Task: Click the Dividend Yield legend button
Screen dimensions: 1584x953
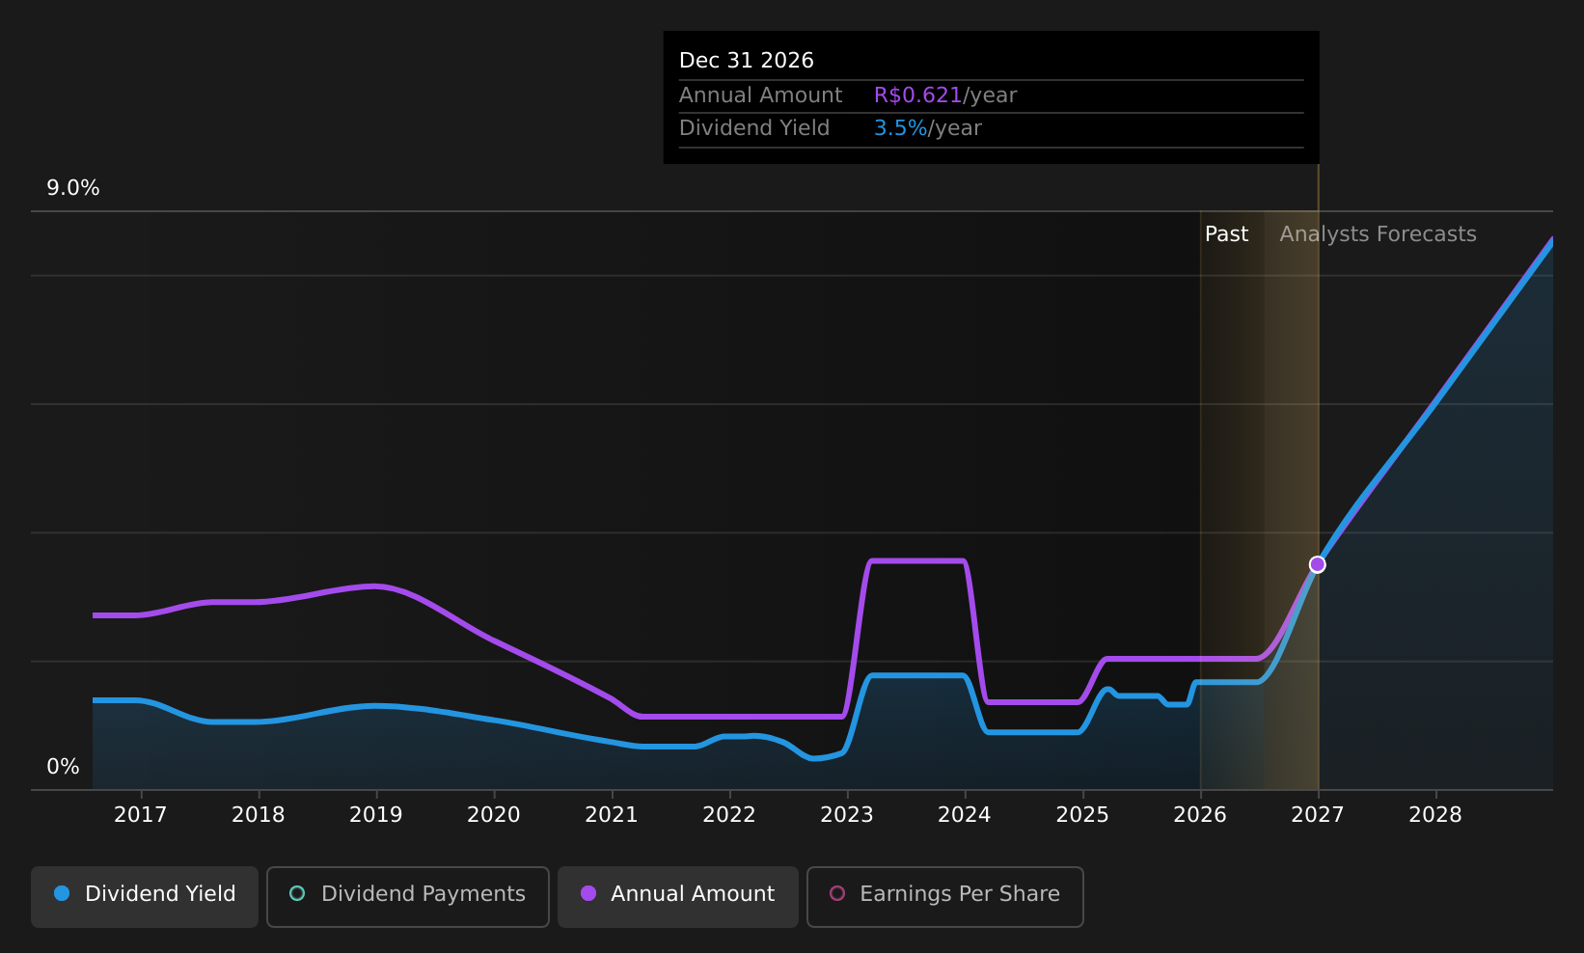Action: click(x=145, y=896)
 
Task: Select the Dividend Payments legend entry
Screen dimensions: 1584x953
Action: click(x=408, y=896)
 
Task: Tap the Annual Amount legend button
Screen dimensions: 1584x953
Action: click(x=677, y=896)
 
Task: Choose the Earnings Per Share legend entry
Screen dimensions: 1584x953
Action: click(x=944, y=896)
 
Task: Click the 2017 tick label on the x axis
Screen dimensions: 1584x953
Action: click(x=141, y=815)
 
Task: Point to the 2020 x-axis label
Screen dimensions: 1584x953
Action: click(x=494, y=815)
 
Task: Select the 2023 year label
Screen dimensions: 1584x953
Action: click(x=847, y=815)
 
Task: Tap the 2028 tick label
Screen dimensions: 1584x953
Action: click(x=1435, y=815)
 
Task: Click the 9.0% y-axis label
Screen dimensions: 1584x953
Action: click(x=73, y=188)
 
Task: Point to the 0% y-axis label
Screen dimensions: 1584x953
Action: click(x=63, y=767)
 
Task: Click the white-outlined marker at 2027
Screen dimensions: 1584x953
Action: click(x=1318, y=564)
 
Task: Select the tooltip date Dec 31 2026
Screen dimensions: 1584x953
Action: click(x=746, y=61)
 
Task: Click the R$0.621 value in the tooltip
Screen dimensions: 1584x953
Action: click(x=917, y=95)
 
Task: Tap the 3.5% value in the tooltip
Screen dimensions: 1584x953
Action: click(x=900, y=128)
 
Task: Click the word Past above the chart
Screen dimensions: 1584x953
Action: click(x=1226, y=234)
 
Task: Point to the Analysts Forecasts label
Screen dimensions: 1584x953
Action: click(x=1379, y=234)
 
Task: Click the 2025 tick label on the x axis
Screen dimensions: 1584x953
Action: click(x=1082, y=815)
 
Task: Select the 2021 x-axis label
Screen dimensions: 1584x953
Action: click(x=612, y=815)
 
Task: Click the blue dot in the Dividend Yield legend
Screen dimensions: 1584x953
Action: click(x=63, y=893)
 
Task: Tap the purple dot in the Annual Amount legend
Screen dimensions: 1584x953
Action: click(x=588, y=893)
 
